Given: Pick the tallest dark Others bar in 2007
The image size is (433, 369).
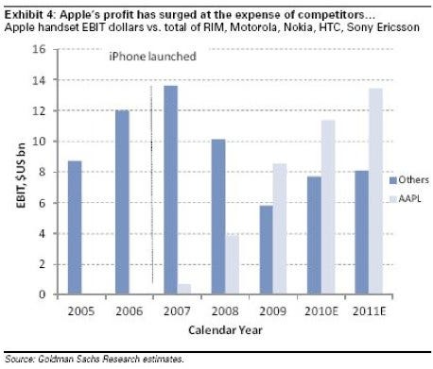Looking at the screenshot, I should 170,190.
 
